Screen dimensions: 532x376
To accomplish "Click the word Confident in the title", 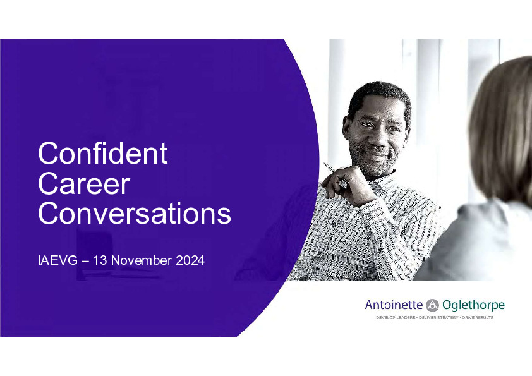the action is (x=102, y=153).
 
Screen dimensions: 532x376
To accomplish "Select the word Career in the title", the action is (x=84, y=183).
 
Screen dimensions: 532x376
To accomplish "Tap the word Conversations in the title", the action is (x=135, y=213).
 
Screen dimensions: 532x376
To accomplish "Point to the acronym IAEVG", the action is (x=57, y=260).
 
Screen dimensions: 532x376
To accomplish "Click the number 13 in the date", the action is (x=100, y=260).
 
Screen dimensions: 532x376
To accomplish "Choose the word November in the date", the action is (x=142, y=260).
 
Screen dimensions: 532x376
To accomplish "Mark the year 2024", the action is (x=190, y=260).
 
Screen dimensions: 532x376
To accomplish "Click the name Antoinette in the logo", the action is (x=394, y=305).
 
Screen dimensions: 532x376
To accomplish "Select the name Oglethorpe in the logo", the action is (x=473, y=305).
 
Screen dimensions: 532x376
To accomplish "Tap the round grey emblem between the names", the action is (x=432, y=305).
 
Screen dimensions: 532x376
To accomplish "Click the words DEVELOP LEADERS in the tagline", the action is (x=396, y=318).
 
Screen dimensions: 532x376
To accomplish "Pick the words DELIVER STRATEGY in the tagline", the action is (x=438, y=318).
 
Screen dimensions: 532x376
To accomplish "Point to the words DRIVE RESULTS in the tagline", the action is (x=478, y=318).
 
